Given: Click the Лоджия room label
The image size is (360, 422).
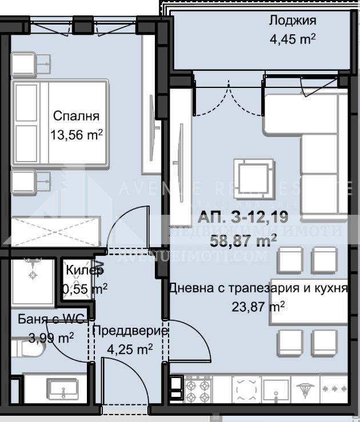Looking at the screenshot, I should tap(292, 21).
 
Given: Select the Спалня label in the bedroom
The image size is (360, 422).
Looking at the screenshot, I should tap(76, 116).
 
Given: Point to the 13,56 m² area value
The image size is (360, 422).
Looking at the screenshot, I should tap(76, 135).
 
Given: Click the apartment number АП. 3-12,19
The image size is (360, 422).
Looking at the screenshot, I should tap(239, 217).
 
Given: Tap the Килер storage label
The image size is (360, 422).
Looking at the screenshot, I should tap(85, 270).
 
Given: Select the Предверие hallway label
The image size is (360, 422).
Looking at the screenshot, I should tap(130, 331).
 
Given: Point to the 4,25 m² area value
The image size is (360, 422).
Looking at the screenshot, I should tap(130, 348).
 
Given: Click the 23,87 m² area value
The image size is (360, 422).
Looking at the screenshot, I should tap(258, 307).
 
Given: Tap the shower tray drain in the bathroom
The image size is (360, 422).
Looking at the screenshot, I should tap(33, 276).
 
